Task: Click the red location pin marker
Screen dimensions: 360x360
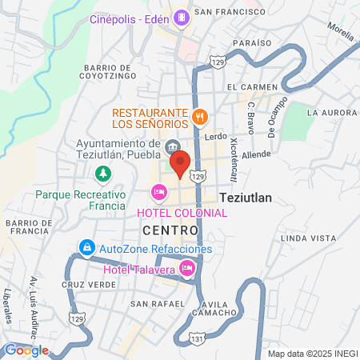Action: coord(180,163)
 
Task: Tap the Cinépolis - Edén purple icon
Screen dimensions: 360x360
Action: coord(182,15)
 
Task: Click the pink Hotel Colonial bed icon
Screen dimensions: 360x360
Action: coord(158,192)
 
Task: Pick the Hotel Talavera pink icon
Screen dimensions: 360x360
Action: coord(187,269)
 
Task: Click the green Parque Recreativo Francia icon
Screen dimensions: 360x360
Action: coord(102,173)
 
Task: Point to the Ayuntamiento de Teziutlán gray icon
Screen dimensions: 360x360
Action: coord(173,146)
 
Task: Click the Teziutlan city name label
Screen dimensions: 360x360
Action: coord(245,197)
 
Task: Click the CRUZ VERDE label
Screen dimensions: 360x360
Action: coord(83,285)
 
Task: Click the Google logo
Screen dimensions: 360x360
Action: coord(26,350)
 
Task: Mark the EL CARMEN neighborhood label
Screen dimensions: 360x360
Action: coord(252,86)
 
